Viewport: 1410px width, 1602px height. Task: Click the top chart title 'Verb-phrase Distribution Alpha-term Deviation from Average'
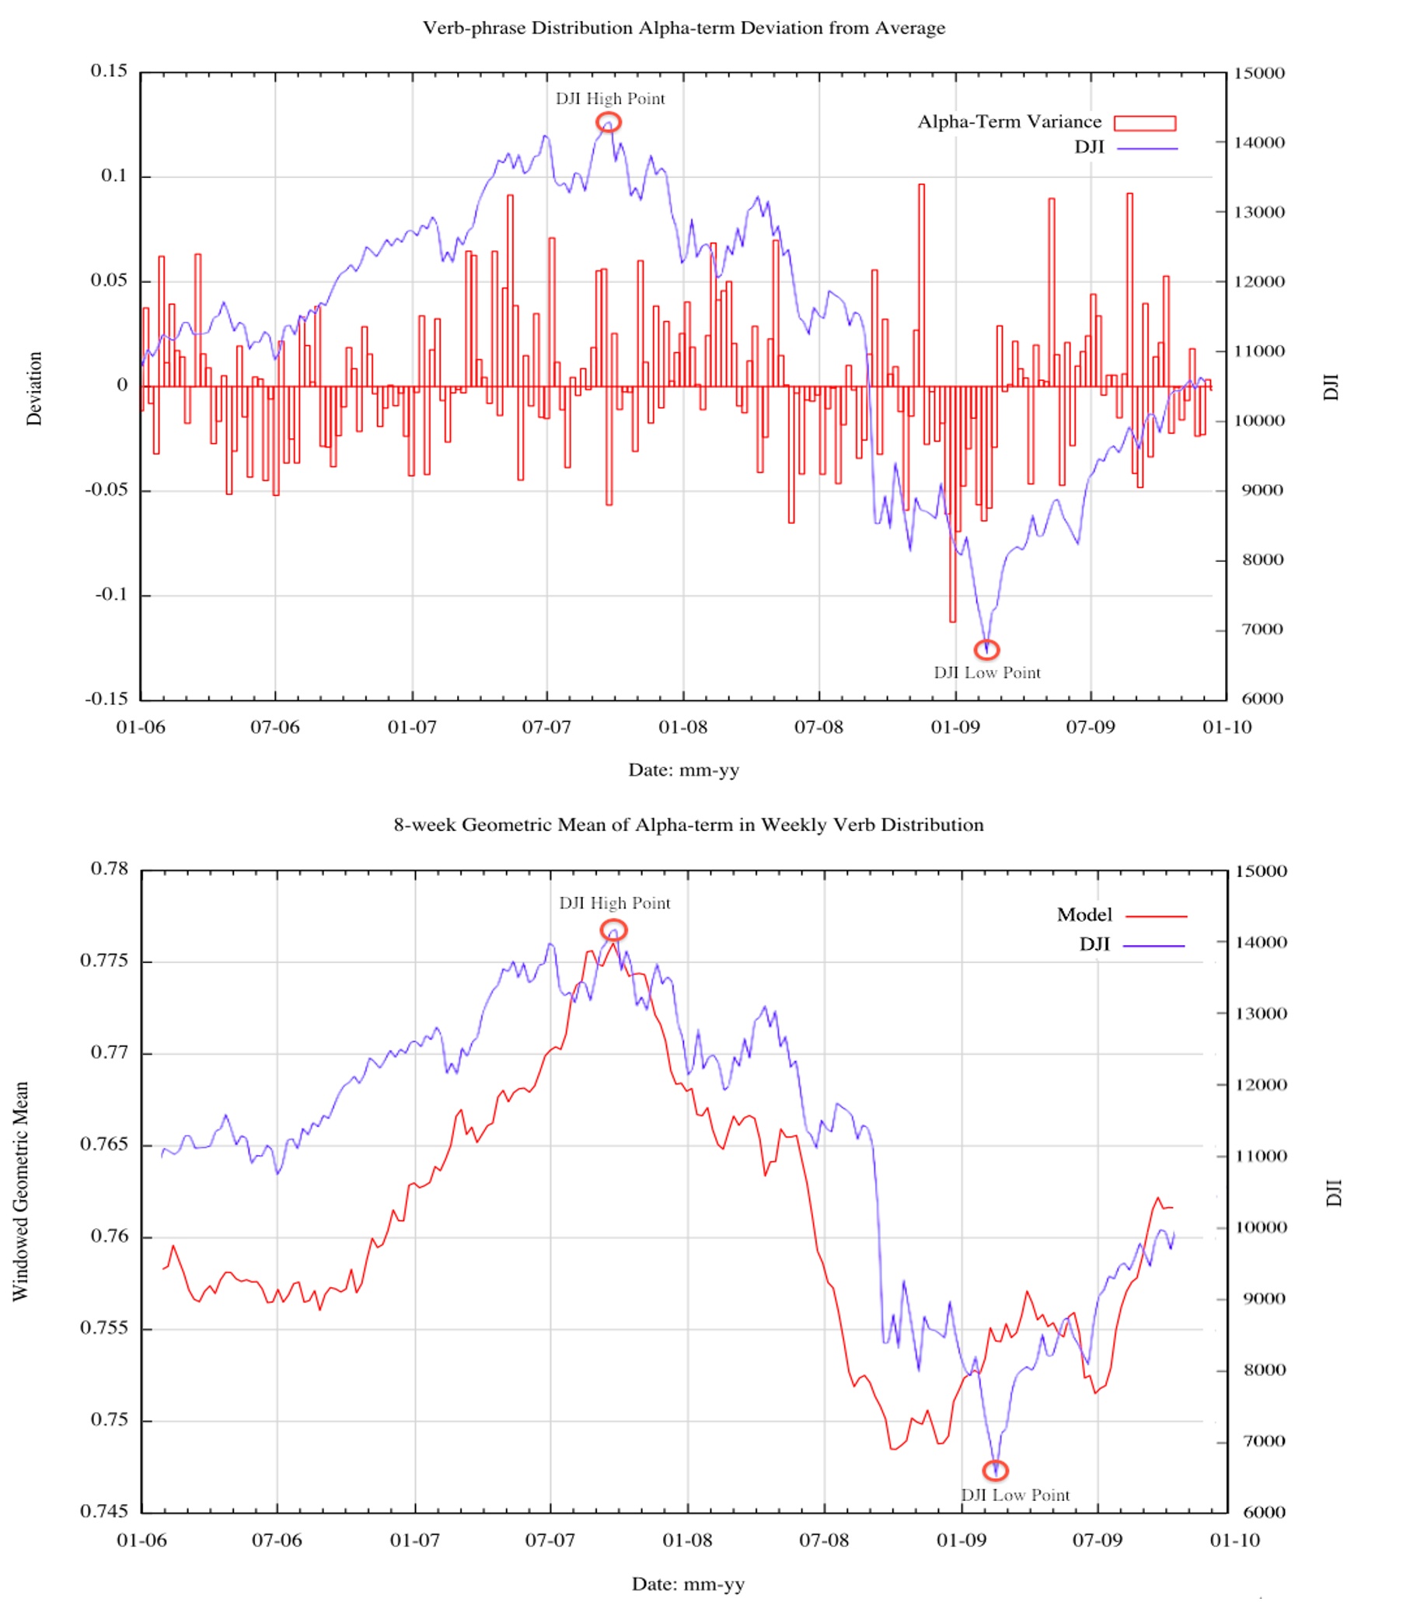(x=683, y=28)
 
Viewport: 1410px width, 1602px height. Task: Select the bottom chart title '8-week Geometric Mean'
(x=688, y=825)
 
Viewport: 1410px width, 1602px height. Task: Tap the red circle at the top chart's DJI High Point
(x=608, y=122)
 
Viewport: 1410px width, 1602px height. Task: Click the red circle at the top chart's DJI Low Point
(x=986, y=649)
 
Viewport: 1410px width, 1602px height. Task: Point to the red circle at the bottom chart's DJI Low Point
(x=995, y=1471)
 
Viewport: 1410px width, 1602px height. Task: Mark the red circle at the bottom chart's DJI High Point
(x=614, y=930)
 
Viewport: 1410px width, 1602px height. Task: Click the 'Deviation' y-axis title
(x=33, y=388)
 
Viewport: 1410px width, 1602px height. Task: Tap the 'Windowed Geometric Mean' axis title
(x=20, y=1192)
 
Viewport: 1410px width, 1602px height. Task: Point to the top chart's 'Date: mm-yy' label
(x=683, y=770)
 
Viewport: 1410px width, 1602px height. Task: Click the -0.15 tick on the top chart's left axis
(x=106, y=698)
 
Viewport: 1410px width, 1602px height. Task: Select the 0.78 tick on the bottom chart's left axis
(x=109, y=868)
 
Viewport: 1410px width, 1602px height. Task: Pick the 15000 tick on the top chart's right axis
(x=1258, y=73)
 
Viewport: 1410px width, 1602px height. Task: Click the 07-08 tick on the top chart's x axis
(x=818, y=728)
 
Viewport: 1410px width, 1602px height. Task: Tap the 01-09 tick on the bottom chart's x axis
(x=961, y=1540)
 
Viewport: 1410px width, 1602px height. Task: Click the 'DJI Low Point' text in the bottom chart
(x=1015, y=1495)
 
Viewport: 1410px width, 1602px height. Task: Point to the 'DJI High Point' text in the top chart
(x=609, y=99)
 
